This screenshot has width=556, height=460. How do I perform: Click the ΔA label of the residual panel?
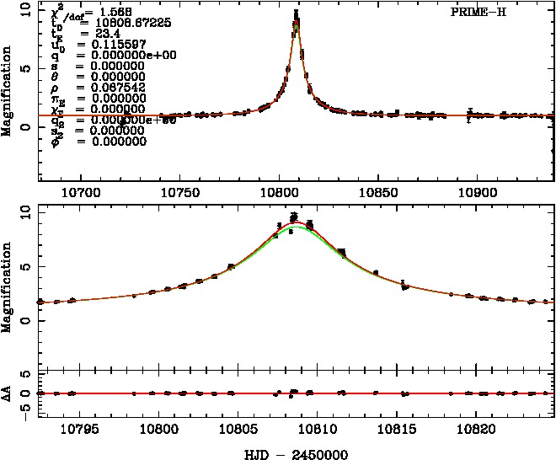click(x=8, y=393)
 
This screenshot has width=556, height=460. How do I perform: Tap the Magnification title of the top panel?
click(x=8, y=93)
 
